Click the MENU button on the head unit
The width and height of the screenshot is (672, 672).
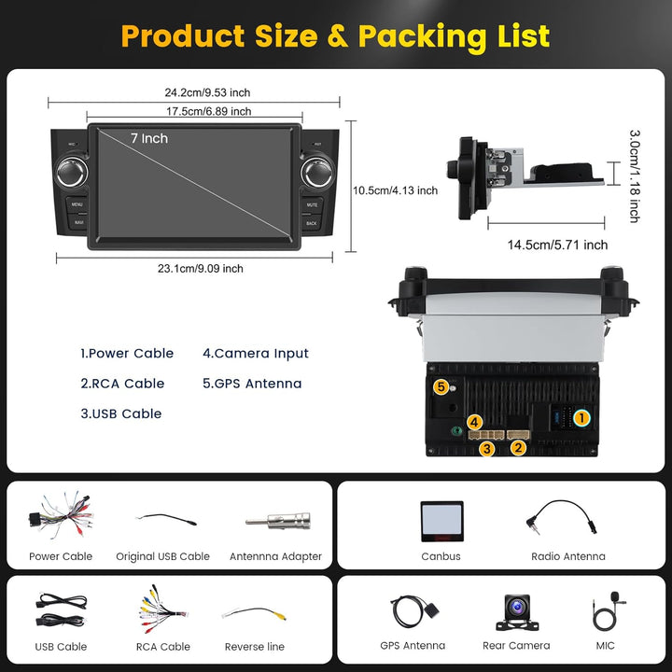77,204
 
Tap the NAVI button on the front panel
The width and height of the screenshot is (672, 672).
78,222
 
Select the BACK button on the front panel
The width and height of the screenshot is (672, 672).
311,223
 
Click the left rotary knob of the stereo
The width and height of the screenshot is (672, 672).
72,172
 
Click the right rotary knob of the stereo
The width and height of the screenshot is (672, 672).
317,173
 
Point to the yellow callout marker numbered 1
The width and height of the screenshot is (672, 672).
581,417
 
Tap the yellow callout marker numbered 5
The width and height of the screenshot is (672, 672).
441,387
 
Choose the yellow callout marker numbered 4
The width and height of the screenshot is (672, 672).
474,422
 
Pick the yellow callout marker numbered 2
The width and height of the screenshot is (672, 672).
518,448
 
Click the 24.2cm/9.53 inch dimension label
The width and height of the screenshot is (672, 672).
207,92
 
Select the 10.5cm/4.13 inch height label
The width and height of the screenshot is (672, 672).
395,190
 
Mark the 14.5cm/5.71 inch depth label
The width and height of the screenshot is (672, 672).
557,245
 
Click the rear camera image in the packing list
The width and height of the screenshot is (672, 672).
517,612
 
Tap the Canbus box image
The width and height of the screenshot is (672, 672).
441,521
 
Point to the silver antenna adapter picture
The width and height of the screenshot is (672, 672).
278,522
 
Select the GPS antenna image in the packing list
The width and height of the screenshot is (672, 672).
414,610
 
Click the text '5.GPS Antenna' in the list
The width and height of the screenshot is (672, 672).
252,384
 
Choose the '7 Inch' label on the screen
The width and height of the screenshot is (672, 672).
149,138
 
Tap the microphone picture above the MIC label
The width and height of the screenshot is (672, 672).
609,610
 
